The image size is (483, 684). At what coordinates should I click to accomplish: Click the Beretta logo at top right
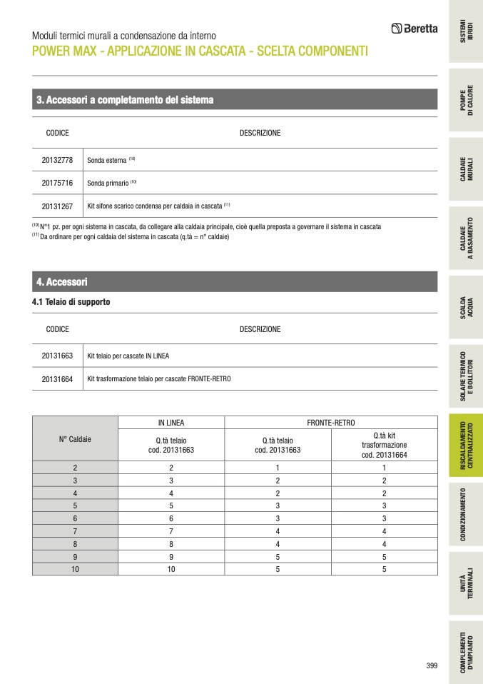[415, 29]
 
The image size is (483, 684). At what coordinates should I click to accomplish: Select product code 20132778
[57, 160]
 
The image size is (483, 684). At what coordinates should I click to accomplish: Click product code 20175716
[57, 183]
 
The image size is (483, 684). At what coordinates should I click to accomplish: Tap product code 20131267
[57, 206]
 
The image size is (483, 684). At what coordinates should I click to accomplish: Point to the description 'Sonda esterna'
[106, 161]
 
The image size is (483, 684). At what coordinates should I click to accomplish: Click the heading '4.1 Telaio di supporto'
[71, 302]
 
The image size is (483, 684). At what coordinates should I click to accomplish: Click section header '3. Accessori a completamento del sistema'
[125, 100]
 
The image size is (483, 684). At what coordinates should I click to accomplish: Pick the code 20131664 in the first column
[57, 379]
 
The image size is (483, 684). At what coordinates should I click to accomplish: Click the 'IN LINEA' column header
[171, 423]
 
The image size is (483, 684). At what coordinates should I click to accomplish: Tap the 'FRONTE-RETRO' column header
[330, 423]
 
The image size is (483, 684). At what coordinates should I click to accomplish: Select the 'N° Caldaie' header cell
[74, 439]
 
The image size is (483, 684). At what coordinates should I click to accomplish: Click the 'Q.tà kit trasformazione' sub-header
[384, 445]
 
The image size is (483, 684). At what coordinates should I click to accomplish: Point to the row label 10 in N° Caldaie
[74, 569]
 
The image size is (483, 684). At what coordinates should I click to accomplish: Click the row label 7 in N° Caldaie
[74, 530]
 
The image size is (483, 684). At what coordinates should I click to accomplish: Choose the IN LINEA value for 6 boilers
[171, 518]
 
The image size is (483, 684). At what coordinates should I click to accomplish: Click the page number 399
[432, 665]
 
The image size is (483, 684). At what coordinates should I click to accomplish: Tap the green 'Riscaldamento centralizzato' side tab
[465, 445]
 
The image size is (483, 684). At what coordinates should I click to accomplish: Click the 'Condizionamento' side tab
[465, 514]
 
